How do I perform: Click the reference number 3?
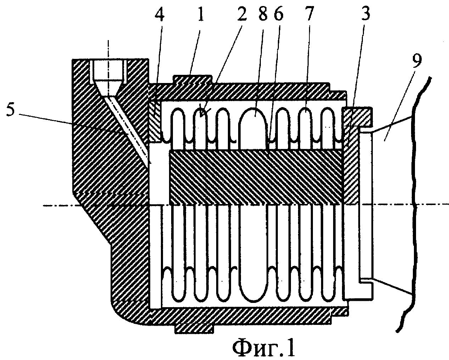[x=365, y=13]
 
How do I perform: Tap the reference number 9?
[x=416, y=61]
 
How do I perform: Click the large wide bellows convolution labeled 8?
[x=253, y=128]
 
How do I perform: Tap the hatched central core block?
[x=256, y=177]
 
